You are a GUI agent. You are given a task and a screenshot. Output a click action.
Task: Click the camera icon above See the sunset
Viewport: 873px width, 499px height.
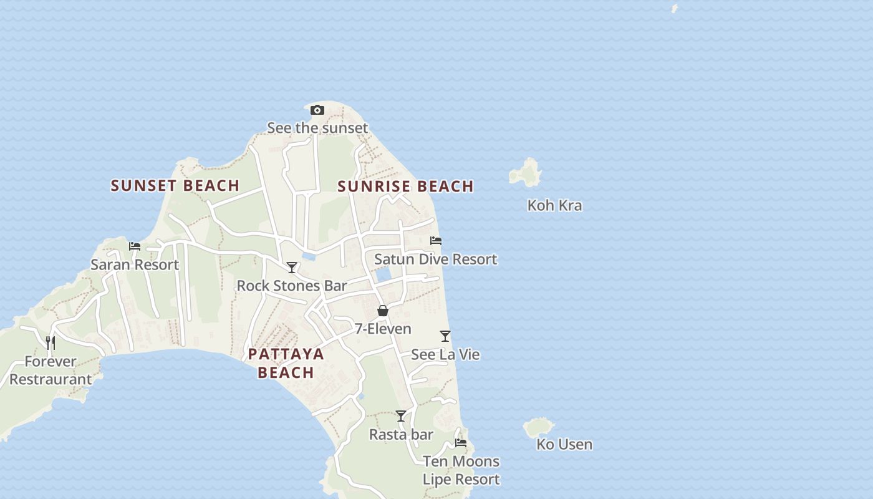tap(317, 110)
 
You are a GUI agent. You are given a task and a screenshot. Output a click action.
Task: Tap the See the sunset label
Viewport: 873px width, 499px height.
tap(317, 128)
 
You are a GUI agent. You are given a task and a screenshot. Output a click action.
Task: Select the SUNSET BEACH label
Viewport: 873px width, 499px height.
tap(175, 185)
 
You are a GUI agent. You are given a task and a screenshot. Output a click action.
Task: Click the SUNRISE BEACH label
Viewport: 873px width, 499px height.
tap(405, 187)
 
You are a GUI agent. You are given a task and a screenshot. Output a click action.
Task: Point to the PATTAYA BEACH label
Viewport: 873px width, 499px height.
tap(286, 363)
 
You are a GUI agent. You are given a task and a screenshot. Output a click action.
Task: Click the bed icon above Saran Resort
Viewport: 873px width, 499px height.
tap(135, 246)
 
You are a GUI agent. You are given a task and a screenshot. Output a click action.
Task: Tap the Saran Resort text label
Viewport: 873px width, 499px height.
tap(135, 264)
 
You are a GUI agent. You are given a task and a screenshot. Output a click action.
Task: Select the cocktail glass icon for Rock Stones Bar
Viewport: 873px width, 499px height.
tap(292, 268)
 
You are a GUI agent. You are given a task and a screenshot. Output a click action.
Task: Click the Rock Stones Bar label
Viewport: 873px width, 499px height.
tap(292, 286)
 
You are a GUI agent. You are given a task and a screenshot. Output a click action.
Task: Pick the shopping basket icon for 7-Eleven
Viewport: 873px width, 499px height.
tap(383, 311)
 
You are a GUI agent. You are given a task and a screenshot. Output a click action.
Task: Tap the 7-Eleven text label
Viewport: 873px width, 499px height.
tap(383, 329)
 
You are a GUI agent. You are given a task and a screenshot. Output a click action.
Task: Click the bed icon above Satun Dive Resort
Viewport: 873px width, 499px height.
tap(436, 241)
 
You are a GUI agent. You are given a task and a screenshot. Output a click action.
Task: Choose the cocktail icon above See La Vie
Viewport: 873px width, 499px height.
tap(445, 336)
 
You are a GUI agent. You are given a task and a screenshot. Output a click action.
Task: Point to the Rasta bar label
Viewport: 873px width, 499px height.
tap(401, 434)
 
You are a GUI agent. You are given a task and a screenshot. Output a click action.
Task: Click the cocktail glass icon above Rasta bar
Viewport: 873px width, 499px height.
tap(401, 416)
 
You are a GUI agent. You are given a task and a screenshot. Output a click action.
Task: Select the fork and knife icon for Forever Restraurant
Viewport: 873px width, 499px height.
tap(51, 343)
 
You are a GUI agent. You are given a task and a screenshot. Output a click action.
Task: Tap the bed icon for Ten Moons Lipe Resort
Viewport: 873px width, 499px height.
tap(461, 443)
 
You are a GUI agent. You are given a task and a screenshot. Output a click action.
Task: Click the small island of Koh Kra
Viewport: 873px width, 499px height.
tap(526, 173)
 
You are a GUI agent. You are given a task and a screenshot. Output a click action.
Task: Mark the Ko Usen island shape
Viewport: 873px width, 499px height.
tap(538, 428)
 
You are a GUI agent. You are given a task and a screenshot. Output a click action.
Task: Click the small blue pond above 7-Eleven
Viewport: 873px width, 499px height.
tap(383, 274)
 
